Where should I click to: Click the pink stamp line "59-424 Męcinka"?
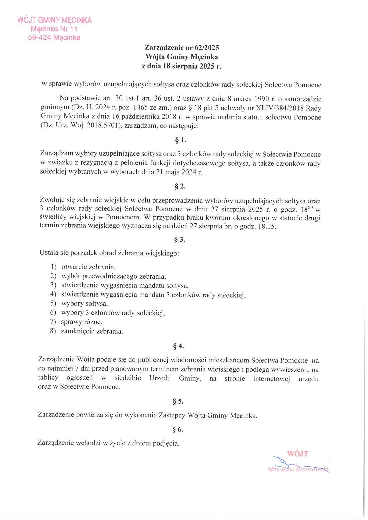point(54,38)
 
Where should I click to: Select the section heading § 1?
point(181,140)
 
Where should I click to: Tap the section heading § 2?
point(180,186)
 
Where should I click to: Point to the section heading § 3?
point(180,239)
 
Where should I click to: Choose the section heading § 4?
point(178,346)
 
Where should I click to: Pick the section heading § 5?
point(178,401)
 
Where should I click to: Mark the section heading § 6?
point(178,429)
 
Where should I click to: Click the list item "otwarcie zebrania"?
point(88,267)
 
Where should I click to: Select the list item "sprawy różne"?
point(81,322)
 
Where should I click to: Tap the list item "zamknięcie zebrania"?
point(92,332)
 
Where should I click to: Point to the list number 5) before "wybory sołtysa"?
point(53,303)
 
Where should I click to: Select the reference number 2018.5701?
point(99,126)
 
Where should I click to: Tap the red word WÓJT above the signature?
point(297,454)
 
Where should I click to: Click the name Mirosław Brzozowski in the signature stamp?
point(297,469)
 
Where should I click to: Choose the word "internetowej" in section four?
point(271,379)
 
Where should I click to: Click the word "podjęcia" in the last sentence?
point(166,443)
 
